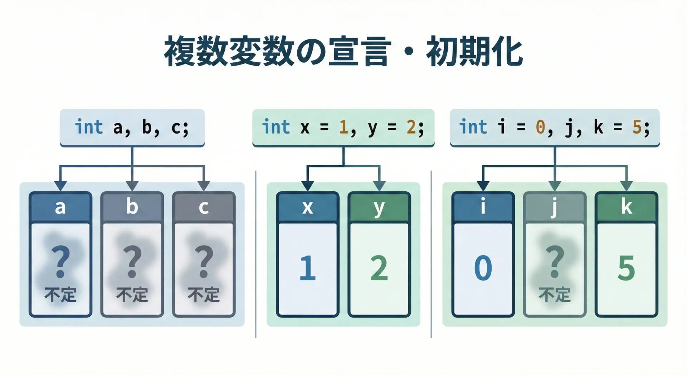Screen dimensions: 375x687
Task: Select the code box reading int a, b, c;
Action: click(132, 127)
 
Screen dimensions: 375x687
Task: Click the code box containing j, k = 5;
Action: click(555, 127)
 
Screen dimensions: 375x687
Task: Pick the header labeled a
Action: click(60, 207)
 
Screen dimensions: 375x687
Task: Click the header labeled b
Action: click(132, 207)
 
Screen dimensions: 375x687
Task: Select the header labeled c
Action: click(204, 207)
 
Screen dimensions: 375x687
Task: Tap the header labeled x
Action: click(307, 207)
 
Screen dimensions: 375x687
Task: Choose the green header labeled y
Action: click(379, 207)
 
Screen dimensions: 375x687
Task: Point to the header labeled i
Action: click(483, 207)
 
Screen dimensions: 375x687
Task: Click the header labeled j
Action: click(555, 207)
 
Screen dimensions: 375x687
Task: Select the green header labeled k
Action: click(626, 207)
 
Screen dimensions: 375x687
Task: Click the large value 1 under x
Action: click(307, 268)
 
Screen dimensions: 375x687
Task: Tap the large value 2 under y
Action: click(379, 268)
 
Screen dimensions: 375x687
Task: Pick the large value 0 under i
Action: click(483, 268)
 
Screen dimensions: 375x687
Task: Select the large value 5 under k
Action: click(626, 268)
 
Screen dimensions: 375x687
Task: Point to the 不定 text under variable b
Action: click(132, 295)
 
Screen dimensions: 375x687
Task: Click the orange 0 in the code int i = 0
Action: click(540, 127)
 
